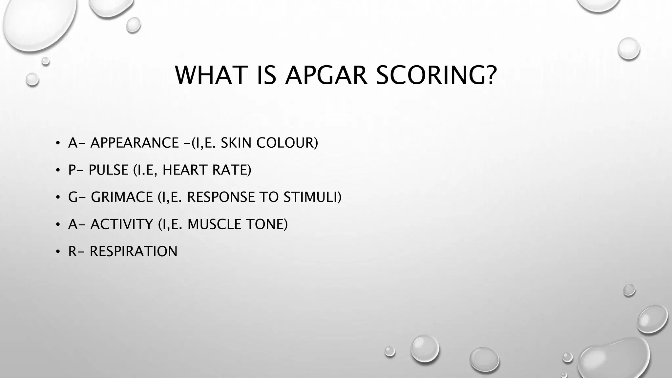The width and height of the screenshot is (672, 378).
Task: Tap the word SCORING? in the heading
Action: [436, 75]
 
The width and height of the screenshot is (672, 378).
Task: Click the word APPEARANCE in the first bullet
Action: [135, 143]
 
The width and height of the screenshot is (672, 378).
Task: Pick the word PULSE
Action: [108, 170]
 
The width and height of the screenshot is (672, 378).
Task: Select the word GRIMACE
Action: [122, 197]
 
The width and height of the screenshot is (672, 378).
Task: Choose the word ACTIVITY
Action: [122, 224]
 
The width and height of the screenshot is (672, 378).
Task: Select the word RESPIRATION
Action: [134, 252]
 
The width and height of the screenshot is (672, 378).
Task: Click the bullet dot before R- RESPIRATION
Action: [58, 252]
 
